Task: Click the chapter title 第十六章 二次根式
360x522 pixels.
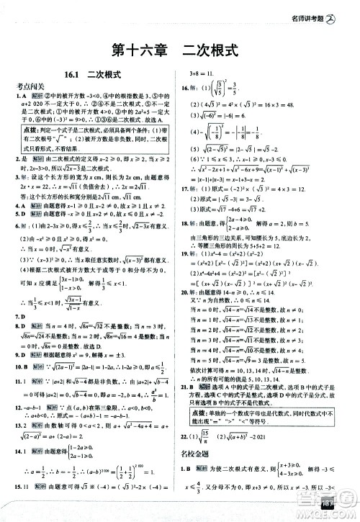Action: click(179, 53)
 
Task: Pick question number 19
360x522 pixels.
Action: click(192, 254)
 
